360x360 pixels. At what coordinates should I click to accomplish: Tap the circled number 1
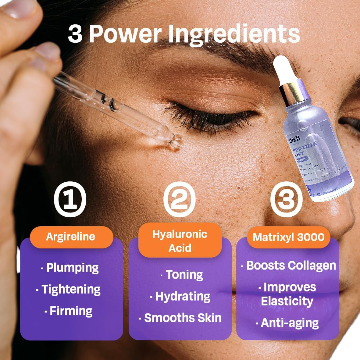(70, 199)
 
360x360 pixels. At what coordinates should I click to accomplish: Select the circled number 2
(179, 199)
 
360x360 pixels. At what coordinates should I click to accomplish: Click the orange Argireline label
(71, 237)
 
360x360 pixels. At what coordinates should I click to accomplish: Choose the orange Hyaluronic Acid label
(180, 241)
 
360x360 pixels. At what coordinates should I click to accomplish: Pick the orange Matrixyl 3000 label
(288, 237)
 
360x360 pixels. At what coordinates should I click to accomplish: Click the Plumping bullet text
(72, 268)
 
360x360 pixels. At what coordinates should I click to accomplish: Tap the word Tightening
(71, 289)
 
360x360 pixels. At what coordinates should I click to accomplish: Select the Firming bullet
(71, 311)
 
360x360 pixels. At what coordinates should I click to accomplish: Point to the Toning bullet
(184, 275)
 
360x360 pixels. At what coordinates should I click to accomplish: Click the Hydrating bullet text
(183, 296)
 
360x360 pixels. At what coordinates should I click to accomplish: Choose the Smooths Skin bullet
(183, 318)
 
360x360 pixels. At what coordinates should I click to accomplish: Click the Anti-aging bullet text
(289, 323)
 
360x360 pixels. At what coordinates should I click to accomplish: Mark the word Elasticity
(287, 301)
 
